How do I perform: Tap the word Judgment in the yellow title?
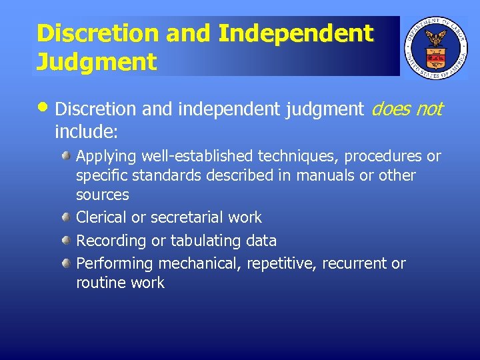[x=97, y=62]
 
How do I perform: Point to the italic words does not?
[x=406, y=109]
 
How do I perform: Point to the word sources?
[x=103, y=195]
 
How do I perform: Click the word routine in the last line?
[x=100, y=283]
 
